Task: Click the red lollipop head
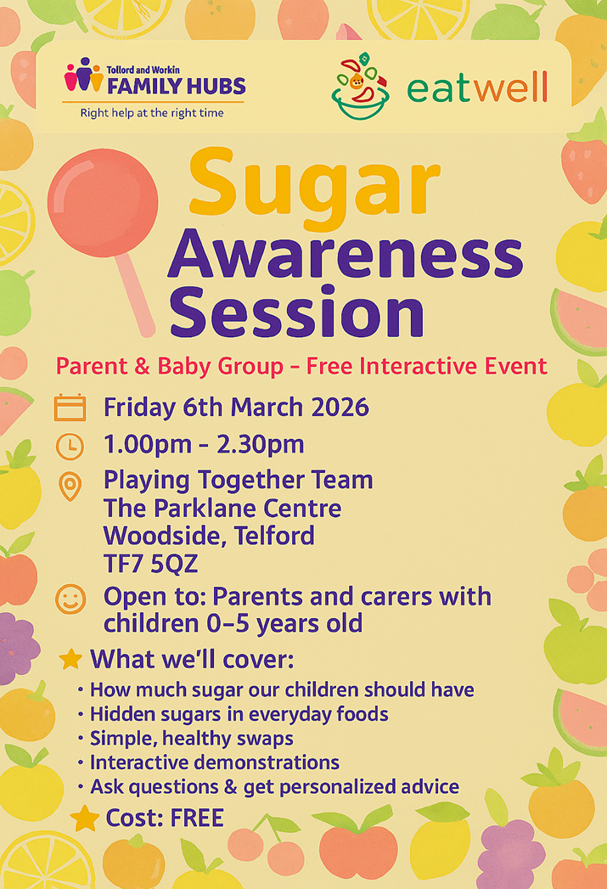(103, 202)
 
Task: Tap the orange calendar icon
(70, 408)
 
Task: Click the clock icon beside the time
(70, 447)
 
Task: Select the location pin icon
(70, 487)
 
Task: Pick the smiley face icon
(70, 599)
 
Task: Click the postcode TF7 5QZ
(151, 564)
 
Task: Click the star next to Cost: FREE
(84, 819)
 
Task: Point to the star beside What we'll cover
(70, 660)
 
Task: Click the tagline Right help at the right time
(152, 113)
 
